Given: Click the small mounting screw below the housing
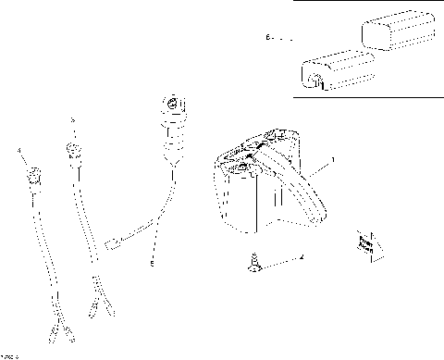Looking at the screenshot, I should point(253,265).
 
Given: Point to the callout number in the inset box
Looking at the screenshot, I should point(268,39).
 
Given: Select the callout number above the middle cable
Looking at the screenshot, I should point(74,118).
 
